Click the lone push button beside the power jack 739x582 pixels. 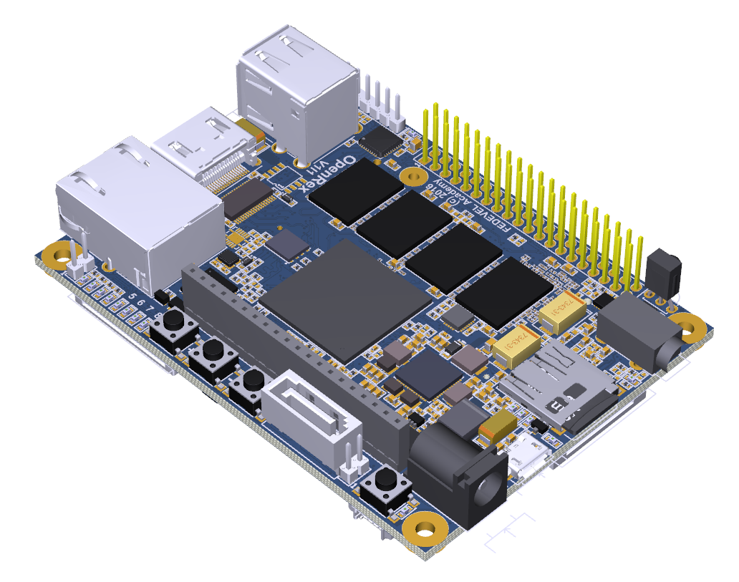tap(387, 491)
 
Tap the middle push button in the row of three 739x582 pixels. tap(213, 352)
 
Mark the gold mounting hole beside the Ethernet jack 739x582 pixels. tap(54, 253)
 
